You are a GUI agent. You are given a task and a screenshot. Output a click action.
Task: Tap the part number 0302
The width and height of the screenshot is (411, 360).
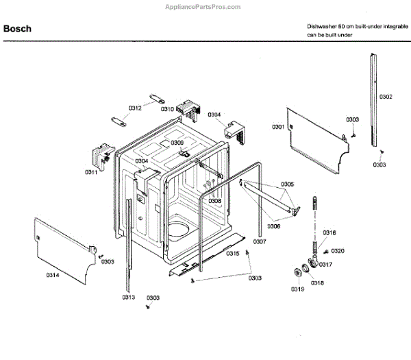point(386,97)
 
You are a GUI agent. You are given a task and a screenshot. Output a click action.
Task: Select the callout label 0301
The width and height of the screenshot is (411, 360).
point(277,127)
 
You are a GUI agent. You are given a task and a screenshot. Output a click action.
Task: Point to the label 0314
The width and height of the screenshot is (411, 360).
point(52,275)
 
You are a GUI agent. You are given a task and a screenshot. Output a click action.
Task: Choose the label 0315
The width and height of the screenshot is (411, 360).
point(233,254)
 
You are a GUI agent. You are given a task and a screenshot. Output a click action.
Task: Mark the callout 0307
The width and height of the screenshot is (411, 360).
point(259,242)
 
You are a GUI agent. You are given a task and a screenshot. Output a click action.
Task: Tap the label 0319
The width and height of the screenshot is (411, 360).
point(297,289)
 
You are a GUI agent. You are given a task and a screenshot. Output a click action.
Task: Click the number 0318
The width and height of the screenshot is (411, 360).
point(317,283)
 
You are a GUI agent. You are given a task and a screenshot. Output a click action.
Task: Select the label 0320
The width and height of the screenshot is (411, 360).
point(338,251)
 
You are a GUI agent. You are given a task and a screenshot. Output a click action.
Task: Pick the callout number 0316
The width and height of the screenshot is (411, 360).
point(329,232)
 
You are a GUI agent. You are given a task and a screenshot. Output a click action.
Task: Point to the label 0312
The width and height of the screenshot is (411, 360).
point(135,108)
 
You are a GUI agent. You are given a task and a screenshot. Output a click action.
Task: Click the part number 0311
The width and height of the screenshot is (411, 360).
point(91,171)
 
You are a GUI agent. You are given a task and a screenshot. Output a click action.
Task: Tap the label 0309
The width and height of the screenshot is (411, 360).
point(177,143)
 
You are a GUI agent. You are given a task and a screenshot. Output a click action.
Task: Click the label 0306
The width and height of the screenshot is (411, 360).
point(274,226)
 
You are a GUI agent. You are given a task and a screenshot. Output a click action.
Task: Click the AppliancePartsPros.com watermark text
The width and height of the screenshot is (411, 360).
point(203,7)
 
